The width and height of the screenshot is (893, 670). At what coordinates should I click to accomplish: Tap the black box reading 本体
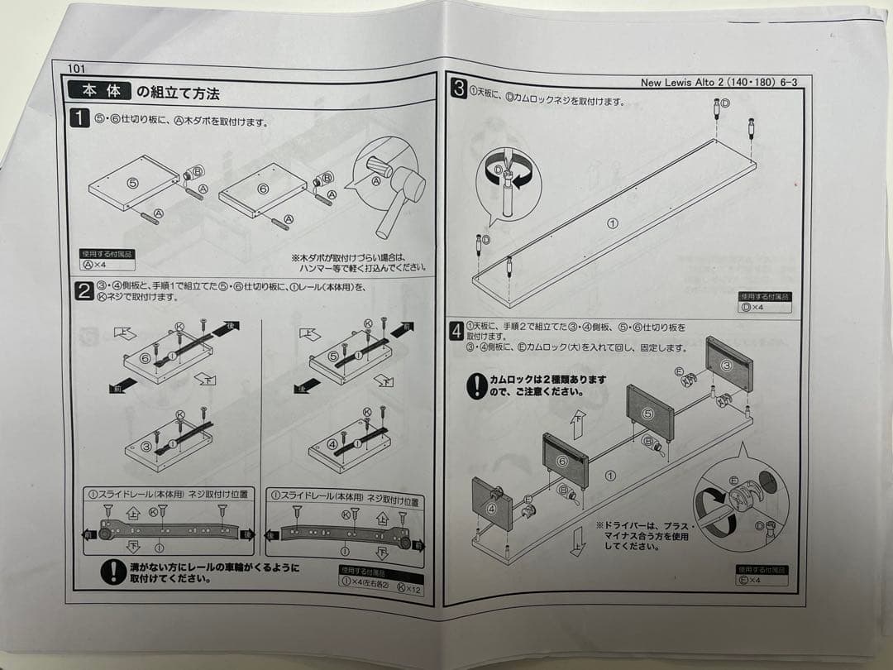click(x=101, y=90)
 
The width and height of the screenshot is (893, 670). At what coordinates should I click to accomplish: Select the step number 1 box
click(x=79, y=119)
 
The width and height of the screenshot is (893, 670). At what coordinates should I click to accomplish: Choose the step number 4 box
click(x=456, y=332)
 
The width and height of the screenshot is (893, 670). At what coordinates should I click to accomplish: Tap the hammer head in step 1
click(x=409, y=189)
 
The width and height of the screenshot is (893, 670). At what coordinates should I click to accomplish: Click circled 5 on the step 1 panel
click(x=131, y=181)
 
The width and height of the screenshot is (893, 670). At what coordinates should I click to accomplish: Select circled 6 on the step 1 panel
click(x=263, y=189)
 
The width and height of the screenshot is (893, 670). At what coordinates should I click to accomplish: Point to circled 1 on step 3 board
click(x=612, y=223)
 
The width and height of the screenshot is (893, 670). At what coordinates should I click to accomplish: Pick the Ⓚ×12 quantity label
click(x=408, y=589)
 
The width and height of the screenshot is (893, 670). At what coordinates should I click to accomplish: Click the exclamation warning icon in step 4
click(x=477, y=386)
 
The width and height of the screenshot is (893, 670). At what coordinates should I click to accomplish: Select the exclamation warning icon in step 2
click(x=112, y=572)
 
